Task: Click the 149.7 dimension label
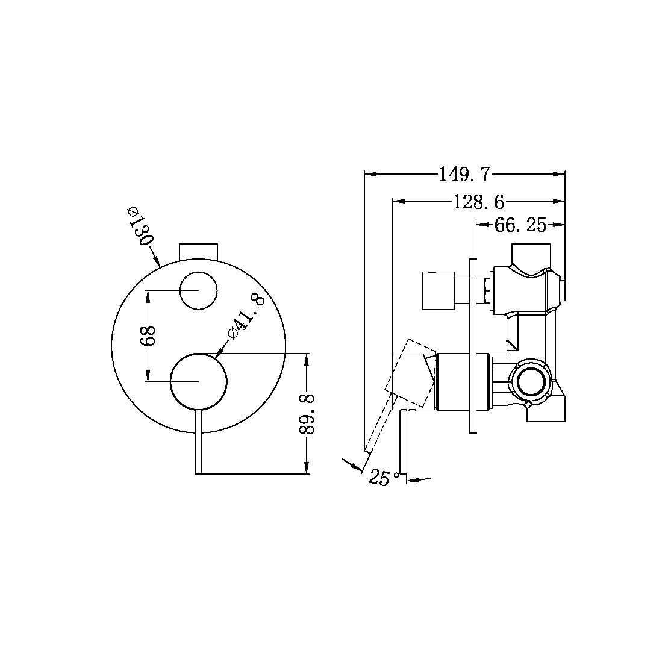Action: (464, 175)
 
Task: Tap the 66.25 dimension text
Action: (520, 225)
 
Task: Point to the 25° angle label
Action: (384, 478)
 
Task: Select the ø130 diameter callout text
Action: (139, 227)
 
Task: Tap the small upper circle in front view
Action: (198, 290)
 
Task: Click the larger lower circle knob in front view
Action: (199, 382)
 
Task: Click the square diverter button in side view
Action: (439, 291)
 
